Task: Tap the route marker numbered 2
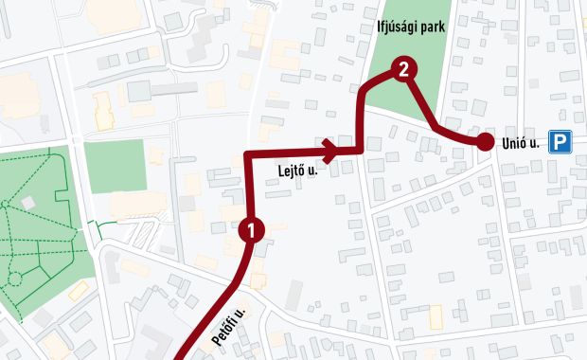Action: pos(404,68)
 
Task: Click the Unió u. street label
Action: pos(521,144)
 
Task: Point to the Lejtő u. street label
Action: pos(299,171)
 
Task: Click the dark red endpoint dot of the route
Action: pos(485,143)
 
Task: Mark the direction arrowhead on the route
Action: pos(330,150)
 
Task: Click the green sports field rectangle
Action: pos(114,166)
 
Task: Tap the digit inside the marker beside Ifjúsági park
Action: pos(404,68)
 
